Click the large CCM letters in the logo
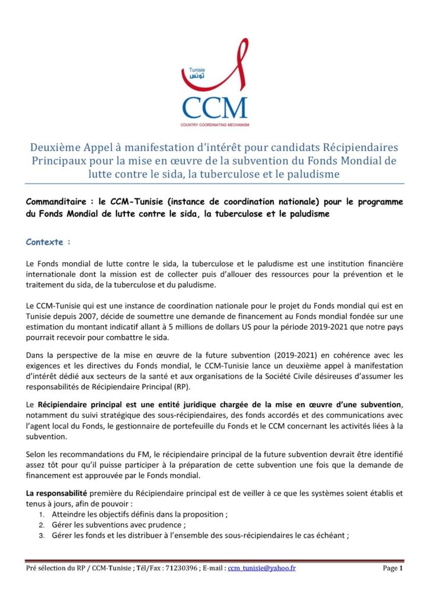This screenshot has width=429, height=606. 214,108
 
